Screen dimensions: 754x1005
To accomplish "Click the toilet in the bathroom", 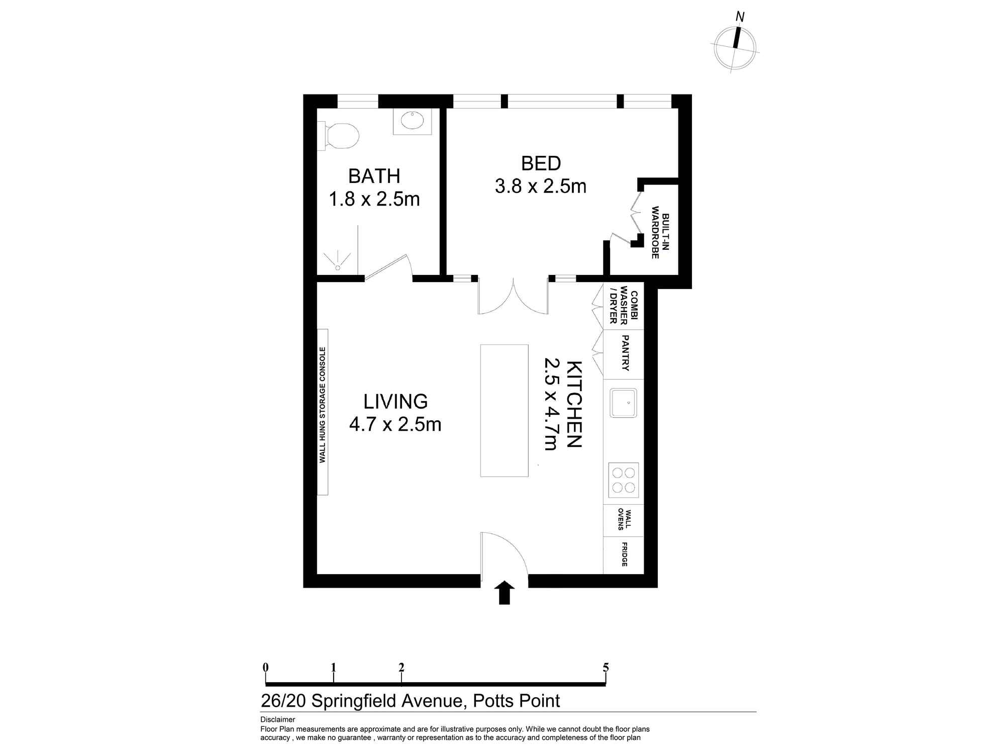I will (x=342, y=136).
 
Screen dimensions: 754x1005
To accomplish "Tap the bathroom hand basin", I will (x=413, y=121).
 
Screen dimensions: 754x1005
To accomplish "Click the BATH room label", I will (x=374, y=176).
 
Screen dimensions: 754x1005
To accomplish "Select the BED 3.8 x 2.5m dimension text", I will (x=540, y=186).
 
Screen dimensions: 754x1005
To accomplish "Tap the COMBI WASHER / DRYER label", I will (x=623, y=305).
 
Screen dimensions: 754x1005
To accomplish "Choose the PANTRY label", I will (x=625, y=353).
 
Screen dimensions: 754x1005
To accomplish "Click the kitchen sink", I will (x=623, y=403).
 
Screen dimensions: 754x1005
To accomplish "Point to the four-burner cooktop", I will (x=623, y=480).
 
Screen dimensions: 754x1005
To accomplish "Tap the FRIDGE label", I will (x=624, y=554).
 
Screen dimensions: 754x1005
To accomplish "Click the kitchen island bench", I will (x=504, y=410).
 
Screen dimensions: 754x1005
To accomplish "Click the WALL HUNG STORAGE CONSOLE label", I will (x=323, y=405).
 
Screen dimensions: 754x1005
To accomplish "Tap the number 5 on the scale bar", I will (x=606, y=668).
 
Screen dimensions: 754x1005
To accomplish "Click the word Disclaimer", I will (x=277, y=719).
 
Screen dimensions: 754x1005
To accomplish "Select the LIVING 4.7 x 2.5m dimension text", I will (x=395, y=424).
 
